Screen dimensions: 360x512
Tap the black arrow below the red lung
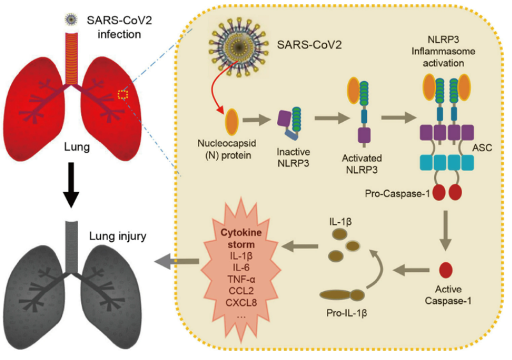(x=73, y=185)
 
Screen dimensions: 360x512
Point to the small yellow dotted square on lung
(x=124, y=94)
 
